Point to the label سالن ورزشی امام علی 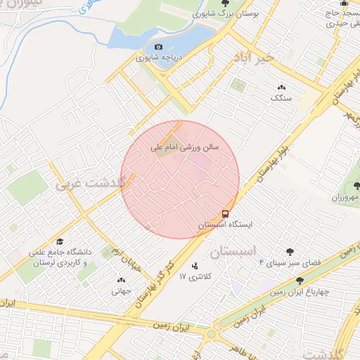[186, 149]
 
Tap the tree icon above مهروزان [356, 186]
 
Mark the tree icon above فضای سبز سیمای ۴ [290, 252]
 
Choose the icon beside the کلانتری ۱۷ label [195, 266]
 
